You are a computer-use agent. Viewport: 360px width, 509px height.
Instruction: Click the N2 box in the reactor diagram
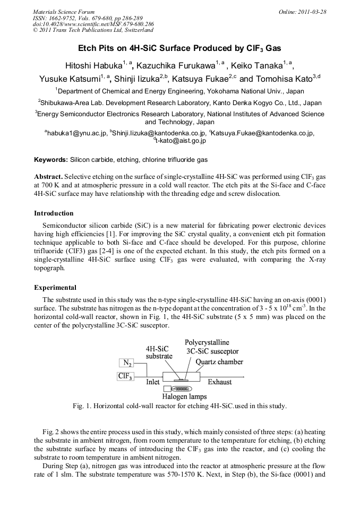click(127, 363)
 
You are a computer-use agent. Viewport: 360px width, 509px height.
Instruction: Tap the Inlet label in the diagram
click(153, 382)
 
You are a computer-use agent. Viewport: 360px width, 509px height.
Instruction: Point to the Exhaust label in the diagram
click(219, 382)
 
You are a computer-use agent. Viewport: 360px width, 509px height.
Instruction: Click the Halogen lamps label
click(184, 396)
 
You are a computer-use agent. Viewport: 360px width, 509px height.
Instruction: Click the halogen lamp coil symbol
click(188, 389)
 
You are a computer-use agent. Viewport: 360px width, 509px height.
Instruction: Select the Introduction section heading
click(54, 213)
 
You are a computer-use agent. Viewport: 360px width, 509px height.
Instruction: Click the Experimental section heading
click(55, 288)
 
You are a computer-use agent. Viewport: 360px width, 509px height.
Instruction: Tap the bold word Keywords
click(50, 159)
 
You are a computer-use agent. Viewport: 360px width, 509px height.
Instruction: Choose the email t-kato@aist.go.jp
click(181, 141)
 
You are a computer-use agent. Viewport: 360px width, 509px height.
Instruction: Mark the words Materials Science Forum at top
click(63, 12)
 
